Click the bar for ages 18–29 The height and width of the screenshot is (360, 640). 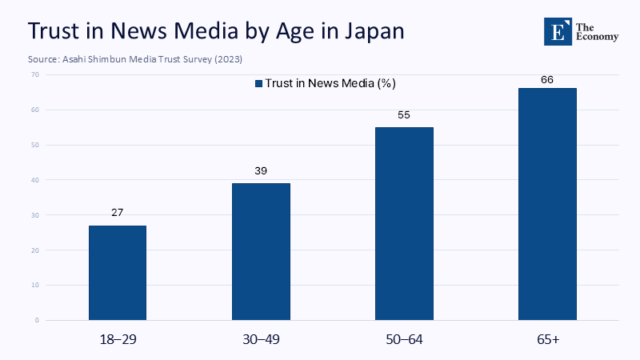(x=118, y=273)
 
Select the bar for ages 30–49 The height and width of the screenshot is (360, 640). (x=261, y=251)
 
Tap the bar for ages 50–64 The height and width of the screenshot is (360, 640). (x=404, y=223)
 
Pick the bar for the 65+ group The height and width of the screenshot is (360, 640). (x=547, y=204)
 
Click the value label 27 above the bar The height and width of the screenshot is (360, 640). (x=118, y=214)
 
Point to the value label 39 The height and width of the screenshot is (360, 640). (x=261, y=171)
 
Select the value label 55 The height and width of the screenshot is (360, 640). (x=404, y=115)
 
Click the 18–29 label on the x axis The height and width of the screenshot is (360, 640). (x=118, y=340)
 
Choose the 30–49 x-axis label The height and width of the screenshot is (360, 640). (x=261, y=340)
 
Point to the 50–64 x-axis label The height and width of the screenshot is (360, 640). (x=404, y=340)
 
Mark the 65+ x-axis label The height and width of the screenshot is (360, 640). (x=547, y=340)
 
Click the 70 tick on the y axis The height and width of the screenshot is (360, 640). (x=34, y=74)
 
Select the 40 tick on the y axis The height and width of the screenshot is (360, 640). (x=34, y=180)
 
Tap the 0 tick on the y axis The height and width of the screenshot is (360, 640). (x=36, y=320)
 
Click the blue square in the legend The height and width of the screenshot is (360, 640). (x=258, y=83)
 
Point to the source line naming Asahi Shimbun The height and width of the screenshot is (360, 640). (x=134, y=60)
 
